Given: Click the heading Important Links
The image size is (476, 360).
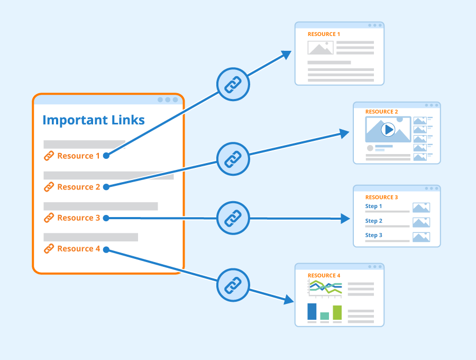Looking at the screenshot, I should pos(94,120).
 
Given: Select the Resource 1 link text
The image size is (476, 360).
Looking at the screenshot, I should pos(78,156).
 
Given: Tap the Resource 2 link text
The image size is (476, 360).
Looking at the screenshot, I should pos(78,187).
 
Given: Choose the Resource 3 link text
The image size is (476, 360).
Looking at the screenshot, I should pos(78,218).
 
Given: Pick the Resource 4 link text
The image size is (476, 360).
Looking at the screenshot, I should pos(78,249).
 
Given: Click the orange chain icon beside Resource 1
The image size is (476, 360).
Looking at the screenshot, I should pos(49,156).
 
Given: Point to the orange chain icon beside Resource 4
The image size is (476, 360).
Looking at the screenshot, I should pos(49,248).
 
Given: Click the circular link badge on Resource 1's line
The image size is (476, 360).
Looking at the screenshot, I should pos(233,84).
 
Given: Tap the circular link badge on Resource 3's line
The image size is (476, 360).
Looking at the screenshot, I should pos(233,218).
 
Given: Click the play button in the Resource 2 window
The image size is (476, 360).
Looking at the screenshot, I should pos(388,129).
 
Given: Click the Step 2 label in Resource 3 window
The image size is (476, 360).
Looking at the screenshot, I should pos(373,221).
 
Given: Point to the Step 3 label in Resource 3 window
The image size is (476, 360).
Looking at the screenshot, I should pos(373,235).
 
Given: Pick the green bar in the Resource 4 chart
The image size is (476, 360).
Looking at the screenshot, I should pos(337,312).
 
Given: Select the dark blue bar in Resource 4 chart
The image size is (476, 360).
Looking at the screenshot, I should pos(312,311).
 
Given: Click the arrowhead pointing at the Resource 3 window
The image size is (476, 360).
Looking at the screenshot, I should pos(345,218).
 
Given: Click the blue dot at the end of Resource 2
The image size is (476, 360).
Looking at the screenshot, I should pos(106,187).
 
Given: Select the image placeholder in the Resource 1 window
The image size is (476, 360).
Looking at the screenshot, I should pos(321,48).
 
